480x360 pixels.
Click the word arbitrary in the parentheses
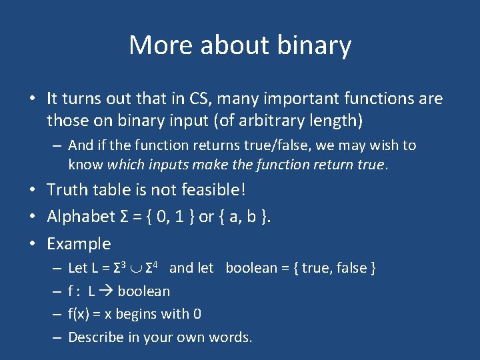pos(254,121)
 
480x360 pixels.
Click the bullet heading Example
pos(79,244)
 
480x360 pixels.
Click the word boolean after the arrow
pos(143,291)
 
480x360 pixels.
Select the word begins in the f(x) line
pos(137,314)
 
